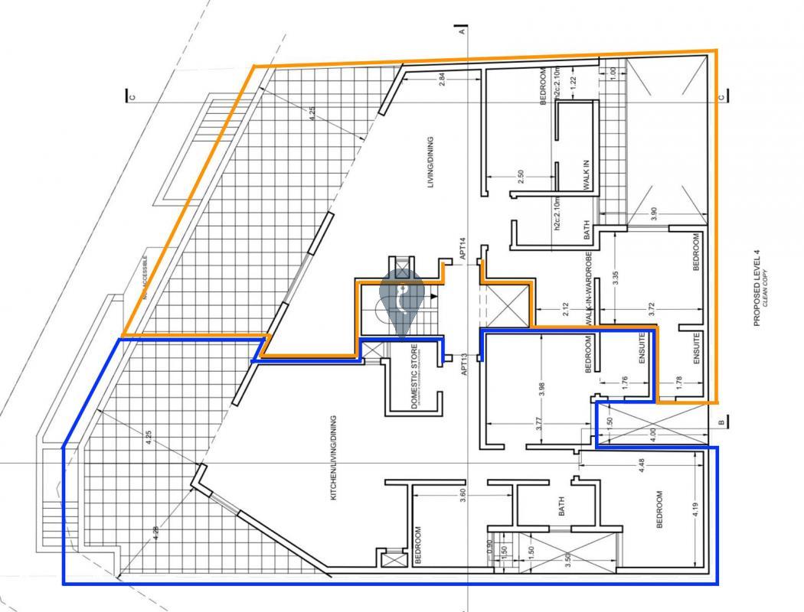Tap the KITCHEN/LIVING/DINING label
(333, 458)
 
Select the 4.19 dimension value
(694, 509)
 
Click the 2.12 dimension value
(565, 309)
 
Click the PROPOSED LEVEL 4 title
(757, 292)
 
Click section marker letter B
(721, 422)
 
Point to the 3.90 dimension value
(653, 215)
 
